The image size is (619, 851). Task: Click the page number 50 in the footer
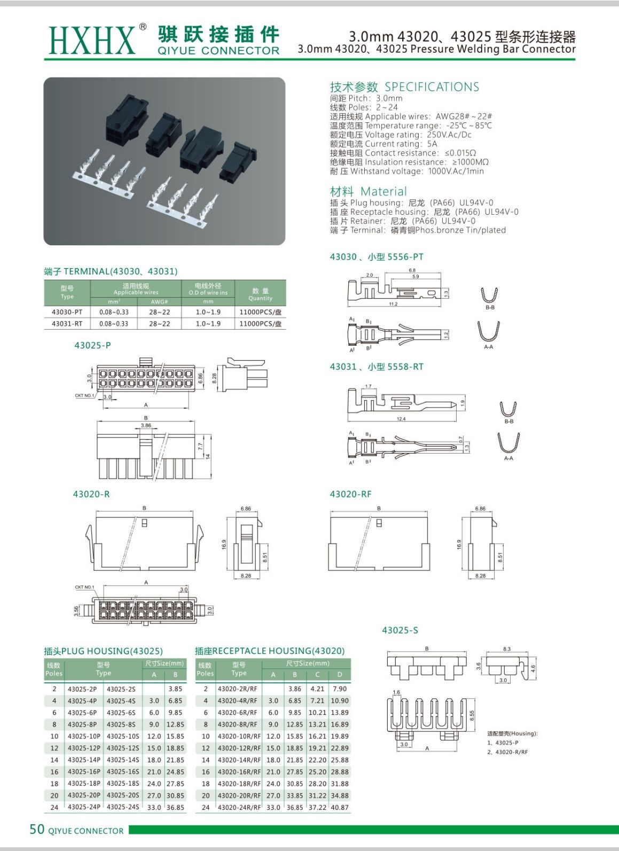[x=37, y=829]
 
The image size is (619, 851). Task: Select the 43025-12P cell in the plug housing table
[x=83, y=748]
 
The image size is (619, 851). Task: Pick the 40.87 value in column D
[x=340, y=807]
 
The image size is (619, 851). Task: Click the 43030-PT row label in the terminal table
[x=67, y=312]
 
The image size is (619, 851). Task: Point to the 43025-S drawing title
[x=400, y=630]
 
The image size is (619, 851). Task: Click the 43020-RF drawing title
[x=350, y=494]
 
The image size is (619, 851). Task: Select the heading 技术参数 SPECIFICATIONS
[x=404, y=87]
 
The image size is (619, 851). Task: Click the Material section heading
[x=369, y=191]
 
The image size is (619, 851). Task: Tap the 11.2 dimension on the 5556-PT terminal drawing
[x=393, y=304]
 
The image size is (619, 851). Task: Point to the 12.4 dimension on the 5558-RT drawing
[x=401, y=419]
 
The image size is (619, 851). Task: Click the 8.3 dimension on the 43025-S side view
[x=507, y=649]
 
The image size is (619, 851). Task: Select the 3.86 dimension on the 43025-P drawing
[x=146, y=426]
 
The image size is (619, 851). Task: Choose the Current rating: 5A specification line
[x=383, y=144]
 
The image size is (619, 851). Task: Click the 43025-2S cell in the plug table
[x=121, y=689]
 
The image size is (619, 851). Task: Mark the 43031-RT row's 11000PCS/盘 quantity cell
[x=260, y=324]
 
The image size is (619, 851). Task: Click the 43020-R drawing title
[x=91, y=494]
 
